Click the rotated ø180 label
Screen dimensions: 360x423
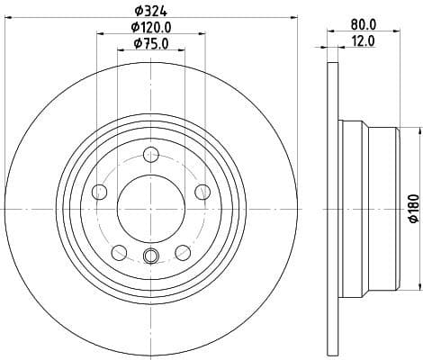[x=413, y=209]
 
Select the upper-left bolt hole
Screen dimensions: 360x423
[x=99, y=190]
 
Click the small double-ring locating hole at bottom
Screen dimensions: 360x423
[x=150, y=257]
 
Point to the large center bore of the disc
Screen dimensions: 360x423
[x=150, y=206]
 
